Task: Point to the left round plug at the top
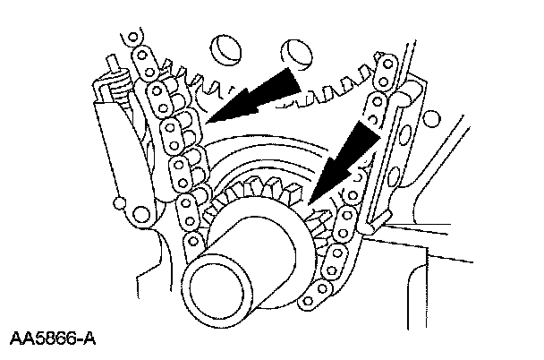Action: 225,49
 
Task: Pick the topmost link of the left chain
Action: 134,40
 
